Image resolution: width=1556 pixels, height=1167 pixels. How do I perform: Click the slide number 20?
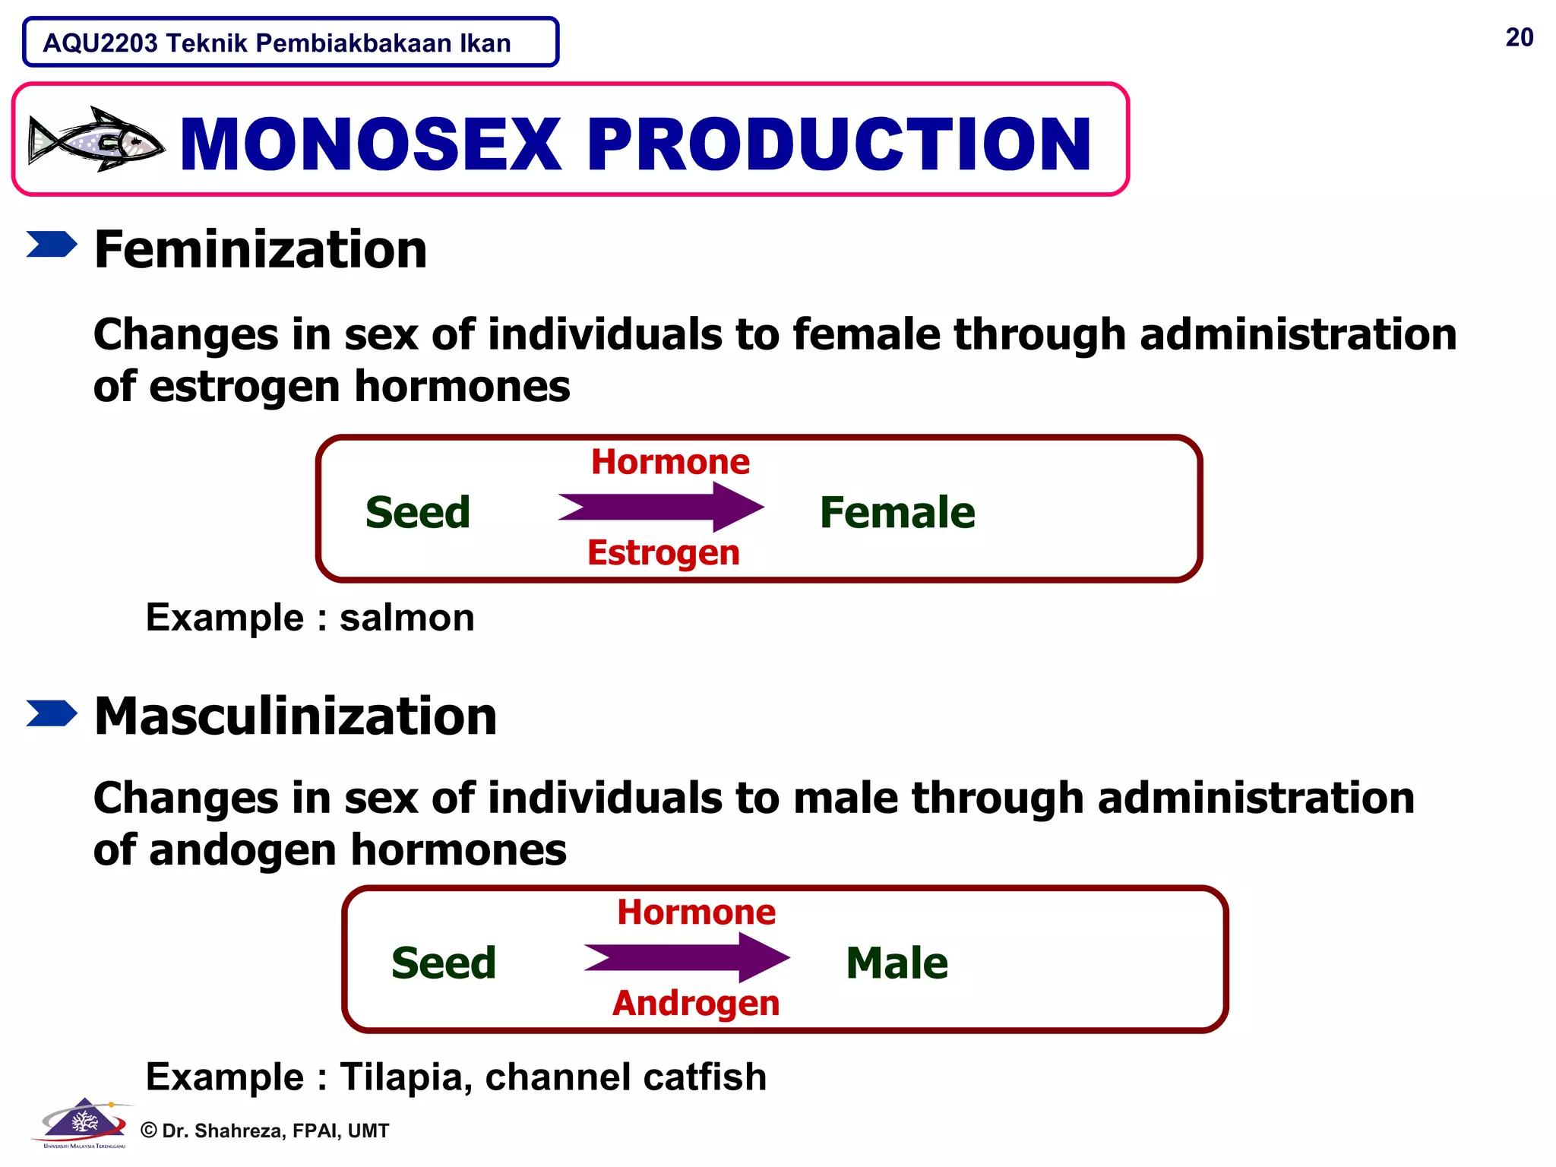click(x=1519, y=37)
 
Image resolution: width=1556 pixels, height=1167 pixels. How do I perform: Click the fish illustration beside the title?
click(x=96, y=139)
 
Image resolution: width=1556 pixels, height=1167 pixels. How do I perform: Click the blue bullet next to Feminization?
click(x=52, y=245)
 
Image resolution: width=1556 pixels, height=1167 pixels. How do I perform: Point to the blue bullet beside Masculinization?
click(x=52, y=713)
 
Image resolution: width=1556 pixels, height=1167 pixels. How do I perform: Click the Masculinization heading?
click(x=295, y=716)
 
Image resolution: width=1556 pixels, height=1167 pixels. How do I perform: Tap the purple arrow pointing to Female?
click(x=661, y=507)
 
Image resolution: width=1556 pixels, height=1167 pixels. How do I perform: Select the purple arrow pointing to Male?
click(x=687, y=957)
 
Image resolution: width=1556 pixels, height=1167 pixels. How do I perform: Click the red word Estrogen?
click(x=663, y=552)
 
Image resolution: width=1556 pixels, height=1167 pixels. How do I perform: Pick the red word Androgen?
click(x=696, y=1003)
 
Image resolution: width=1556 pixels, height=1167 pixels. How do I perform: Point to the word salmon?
click(x=406, y=617)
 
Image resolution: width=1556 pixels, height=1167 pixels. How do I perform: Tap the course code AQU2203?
click(x=100, y=43)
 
